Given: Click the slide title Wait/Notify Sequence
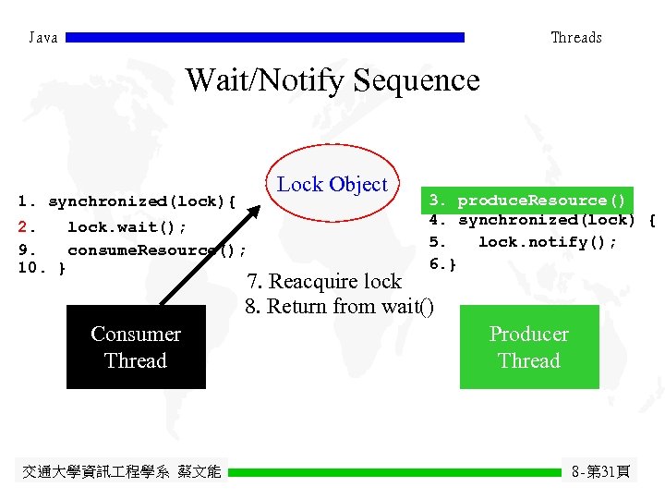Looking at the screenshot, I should click(x=332, y=80).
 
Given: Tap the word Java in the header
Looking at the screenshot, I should click(x=43, y=38).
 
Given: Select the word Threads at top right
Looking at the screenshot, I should click(x=575, y=38).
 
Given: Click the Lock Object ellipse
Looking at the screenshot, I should click(x=332, y=185).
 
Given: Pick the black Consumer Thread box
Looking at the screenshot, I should click(x=136, y=347).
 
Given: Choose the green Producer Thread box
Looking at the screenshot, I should click(x=529, y=347).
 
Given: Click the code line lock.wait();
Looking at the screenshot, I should click(x=127, y=226).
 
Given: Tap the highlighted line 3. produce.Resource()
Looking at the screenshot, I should click(x=527, y=201).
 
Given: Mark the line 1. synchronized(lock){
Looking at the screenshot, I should click(x=128, y=201).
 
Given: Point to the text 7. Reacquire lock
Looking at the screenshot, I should click(x=323, y=281).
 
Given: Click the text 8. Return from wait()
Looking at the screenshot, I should click(x=339, y=306).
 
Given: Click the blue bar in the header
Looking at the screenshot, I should click(x=266, y=38).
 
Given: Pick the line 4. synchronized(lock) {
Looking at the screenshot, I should click(x=542, y=220).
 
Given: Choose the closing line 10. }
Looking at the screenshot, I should click(x=42, y=268).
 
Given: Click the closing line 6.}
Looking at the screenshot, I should click(x=443, y=264).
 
